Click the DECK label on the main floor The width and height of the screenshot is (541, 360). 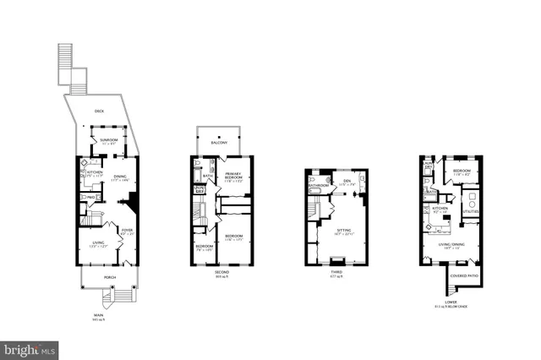[x=99, y=111]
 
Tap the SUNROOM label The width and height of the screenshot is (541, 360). [x=109, y=139]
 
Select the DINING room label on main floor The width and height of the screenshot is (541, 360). [x=121, y=177]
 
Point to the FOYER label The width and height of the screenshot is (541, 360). [x=128, y=229]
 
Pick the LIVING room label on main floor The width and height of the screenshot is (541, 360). [x=99, y=243]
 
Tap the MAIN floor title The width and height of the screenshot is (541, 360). [x=99, y=316]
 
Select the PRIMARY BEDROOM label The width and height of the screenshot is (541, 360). [x=234, y=176]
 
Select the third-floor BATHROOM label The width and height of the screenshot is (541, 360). [x=319, y=185]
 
